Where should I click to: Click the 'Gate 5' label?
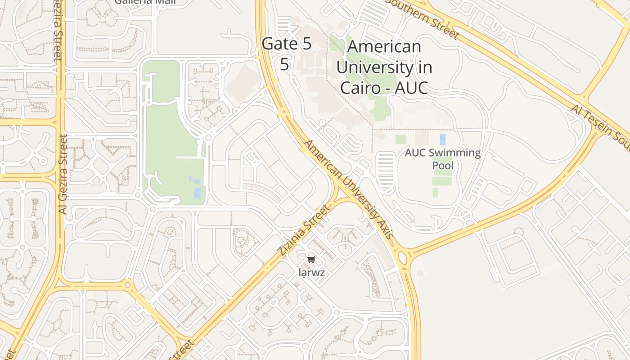point(286,44)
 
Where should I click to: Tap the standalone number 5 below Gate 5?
point(284,64)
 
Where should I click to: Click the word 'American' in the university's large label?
point(384,47)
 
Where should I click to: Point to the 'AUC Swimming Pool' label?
point(442,159)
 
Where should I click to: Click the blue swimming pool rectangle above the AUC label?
point(442,139)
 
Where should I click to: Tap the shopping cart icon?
point(311,259)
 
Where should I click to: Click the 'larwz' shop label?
point(311,273)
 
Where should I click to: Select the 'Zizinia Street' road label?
point(305,230)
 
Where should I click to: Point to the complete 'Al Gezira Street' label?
point(63,174)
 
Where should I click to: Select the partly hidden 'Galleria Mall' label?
point(145,2)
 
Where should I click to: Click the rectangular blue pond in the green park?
point(198,193)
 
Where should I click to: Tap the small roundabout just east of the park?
point(208,137)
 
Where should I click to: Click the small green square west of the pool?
point(400,139)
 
